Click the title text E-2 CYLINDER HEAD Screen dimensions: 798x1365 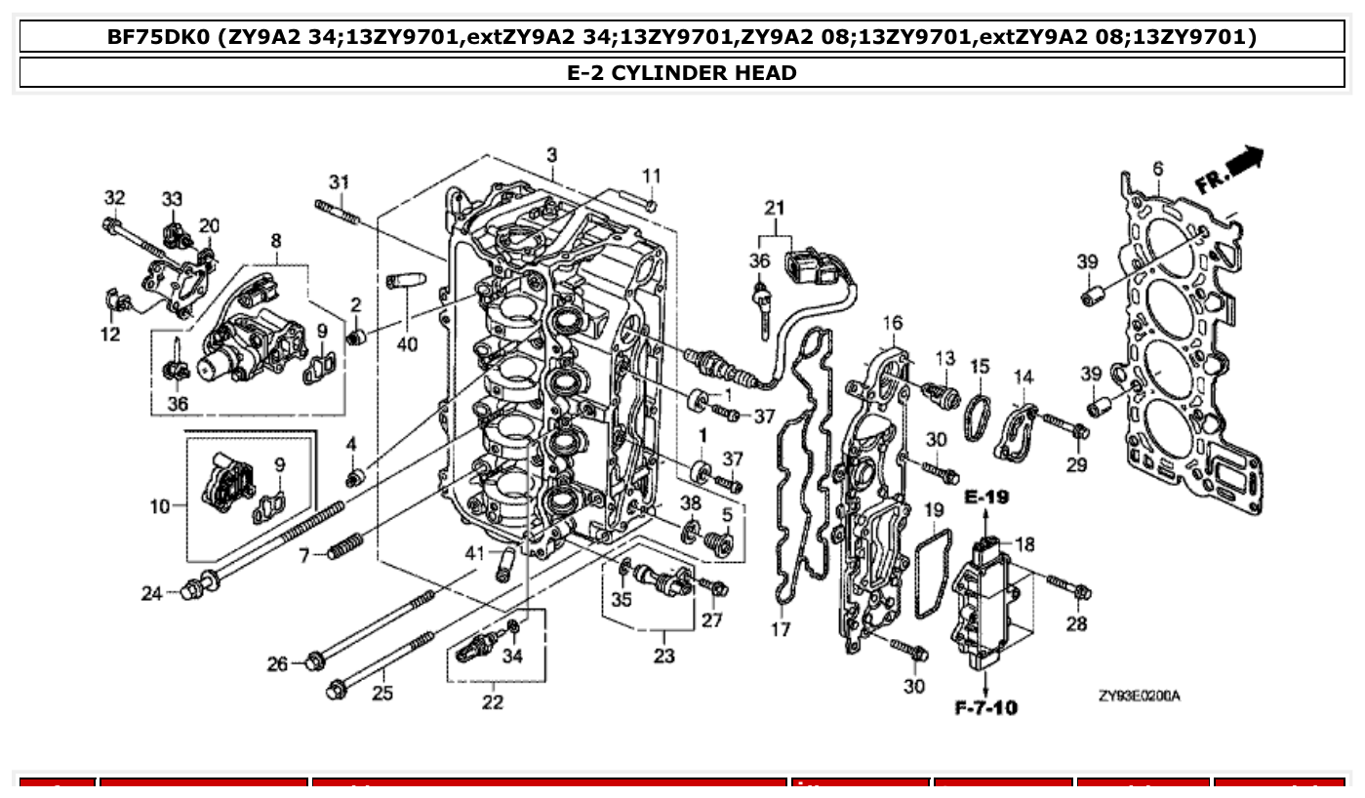coord(681,72)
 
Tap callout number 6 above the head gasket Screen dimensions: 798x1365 coord(1157,169)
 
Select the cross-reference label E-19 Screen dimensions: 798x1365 coord(985,497)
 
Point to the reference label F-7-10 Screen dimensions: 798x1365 coord(985,706)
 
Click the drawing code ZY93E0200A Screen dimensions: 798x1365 coord(1139,696)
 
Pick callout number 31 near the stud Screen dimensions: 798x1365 coord(338,181)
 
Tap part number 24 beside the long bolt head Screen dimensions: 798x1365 coord(151,592)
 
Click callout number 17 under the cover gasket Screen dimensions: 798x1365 coord(781,630)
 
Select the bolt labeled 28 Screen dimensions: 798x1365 coord(1069,587)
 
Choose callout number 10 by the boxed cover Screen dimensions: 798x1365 coord(160,505)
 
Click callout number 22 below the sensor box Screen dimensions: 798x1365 coord(493,702)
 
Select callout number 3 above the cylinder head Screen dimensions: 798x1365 coord(551,155)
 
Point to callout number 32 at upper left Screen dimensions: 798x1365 coord(114,198)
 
